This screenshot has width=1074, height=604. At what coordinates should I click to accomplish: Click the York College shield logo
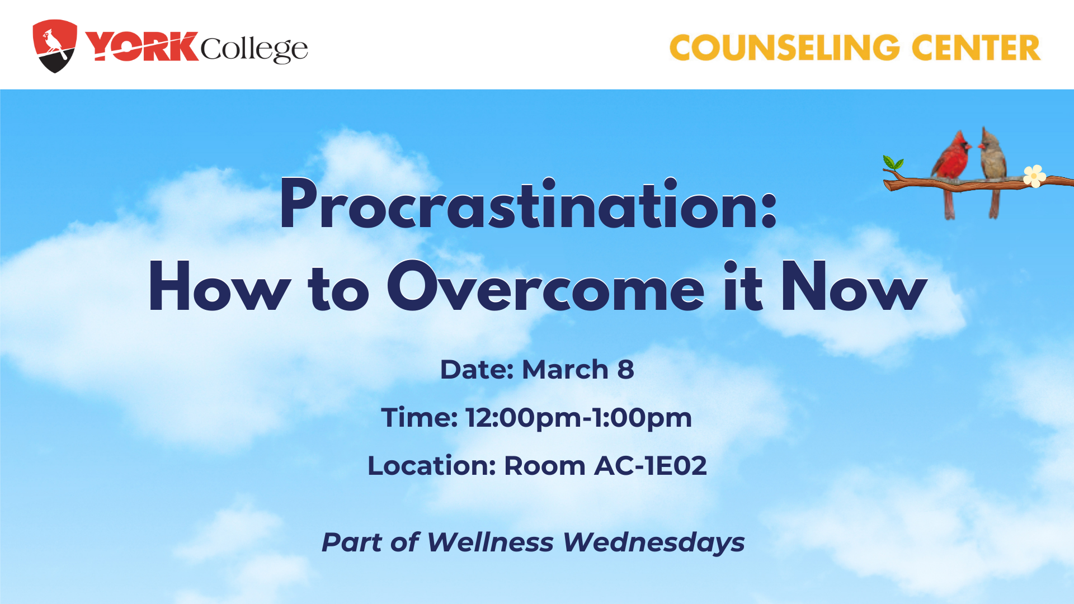point(55,46)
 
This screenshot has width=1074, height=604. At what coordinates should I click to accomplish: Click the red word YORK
point(142,46)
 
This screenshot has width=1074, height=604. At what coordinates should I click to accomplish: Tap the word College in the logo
point(254,49)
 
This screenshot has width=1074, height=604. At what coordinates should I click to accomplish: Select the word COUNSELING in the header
point(785,48)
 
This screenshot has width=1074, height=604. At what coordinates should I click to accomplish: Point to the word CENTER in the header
point(976,48)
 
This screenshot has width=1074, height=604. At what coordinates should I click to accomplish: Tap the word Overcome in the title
point(545,286)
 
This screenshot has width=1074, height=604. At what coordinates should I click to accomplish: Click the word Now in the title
point(854,286)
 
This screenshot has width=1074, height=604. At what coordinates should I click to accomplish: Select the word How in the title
point(219,287)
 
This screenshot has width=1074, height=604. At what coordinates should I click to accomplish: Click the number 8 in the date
point(626,370)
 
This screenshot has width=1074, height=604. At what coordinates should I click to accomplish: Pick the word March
point(565,370)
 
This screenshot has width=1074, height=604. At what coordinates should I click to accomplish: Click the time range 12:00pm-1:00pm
point(579,418)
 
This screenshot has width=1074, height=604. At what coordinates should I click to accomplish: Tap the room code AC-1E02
point(651,466)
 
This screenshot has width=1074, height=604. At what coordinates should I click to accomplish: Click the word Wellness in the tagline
point(490,542)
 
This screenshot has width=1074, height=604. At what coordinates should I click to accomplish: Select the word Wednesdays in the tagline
point(654,542)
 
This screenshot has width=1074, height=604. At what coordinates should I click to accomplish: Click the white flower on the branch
point(1034,176)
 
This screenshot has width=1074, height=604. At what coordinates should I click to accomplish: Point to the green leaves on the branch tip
point(893,163)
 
